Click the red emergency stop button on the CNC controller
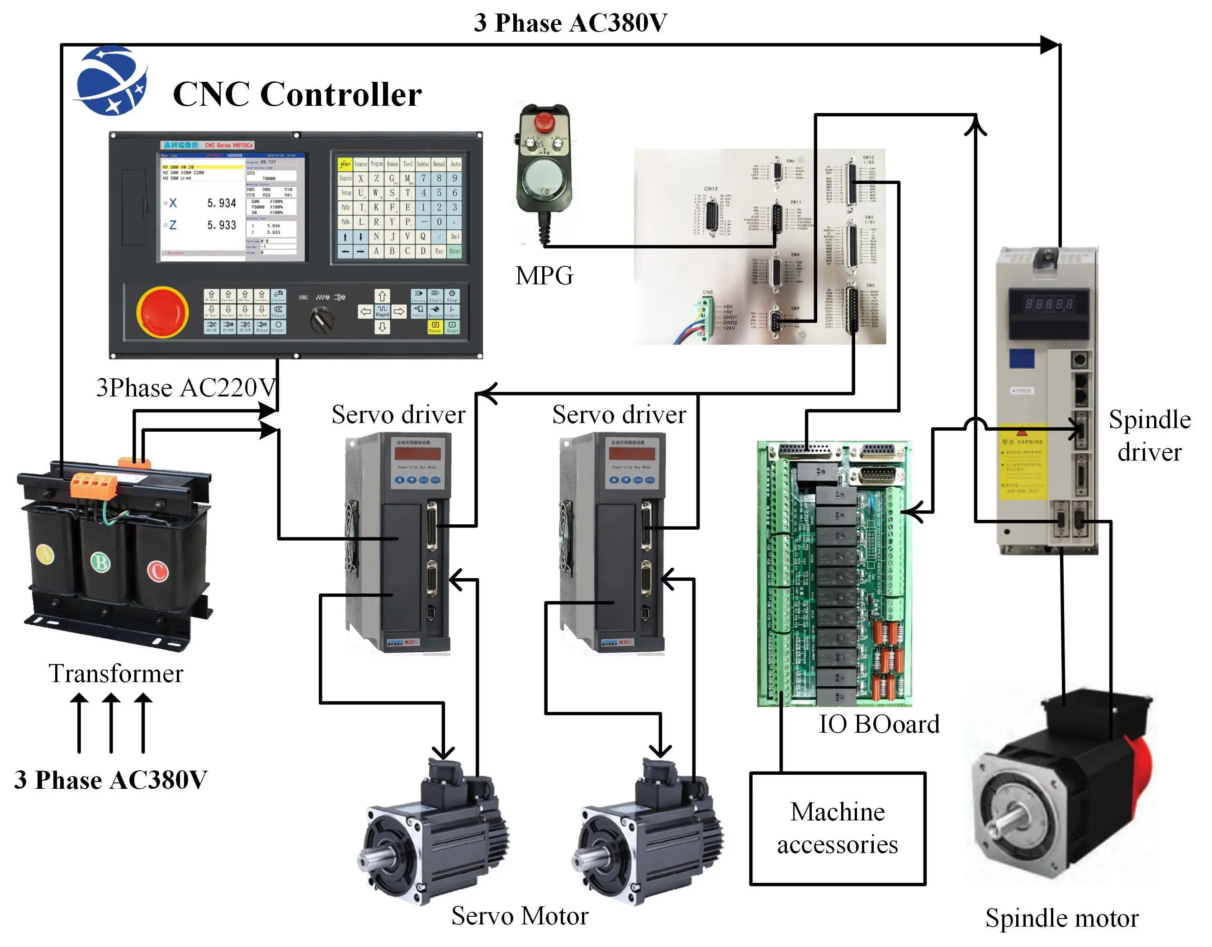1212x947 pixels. [x=162, y=312]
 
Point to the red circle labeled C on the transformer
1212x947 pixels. [x=157, y=571]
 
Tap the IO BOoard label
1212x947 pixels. [x=879, y=724]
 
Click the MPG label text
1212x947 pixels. [x=544, y=276]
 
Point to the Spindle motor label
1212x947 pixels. [x=1061, y=918]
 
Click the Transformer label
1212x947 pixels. [x=115, y=674]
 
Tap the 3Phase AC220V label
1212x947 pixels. [x=186, y=387]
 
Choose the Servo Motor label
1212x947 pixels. [x=520, y=915]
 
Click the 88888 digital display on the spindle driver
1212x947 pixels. [x=1048, y=304]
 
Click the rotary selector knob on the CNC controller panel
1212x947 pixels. [x=321, y=320]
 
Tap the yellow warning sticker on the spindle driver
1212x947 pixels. [x=1023, y=461]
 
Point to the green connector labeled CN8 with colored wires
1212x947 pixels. [x=706, y=317]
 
